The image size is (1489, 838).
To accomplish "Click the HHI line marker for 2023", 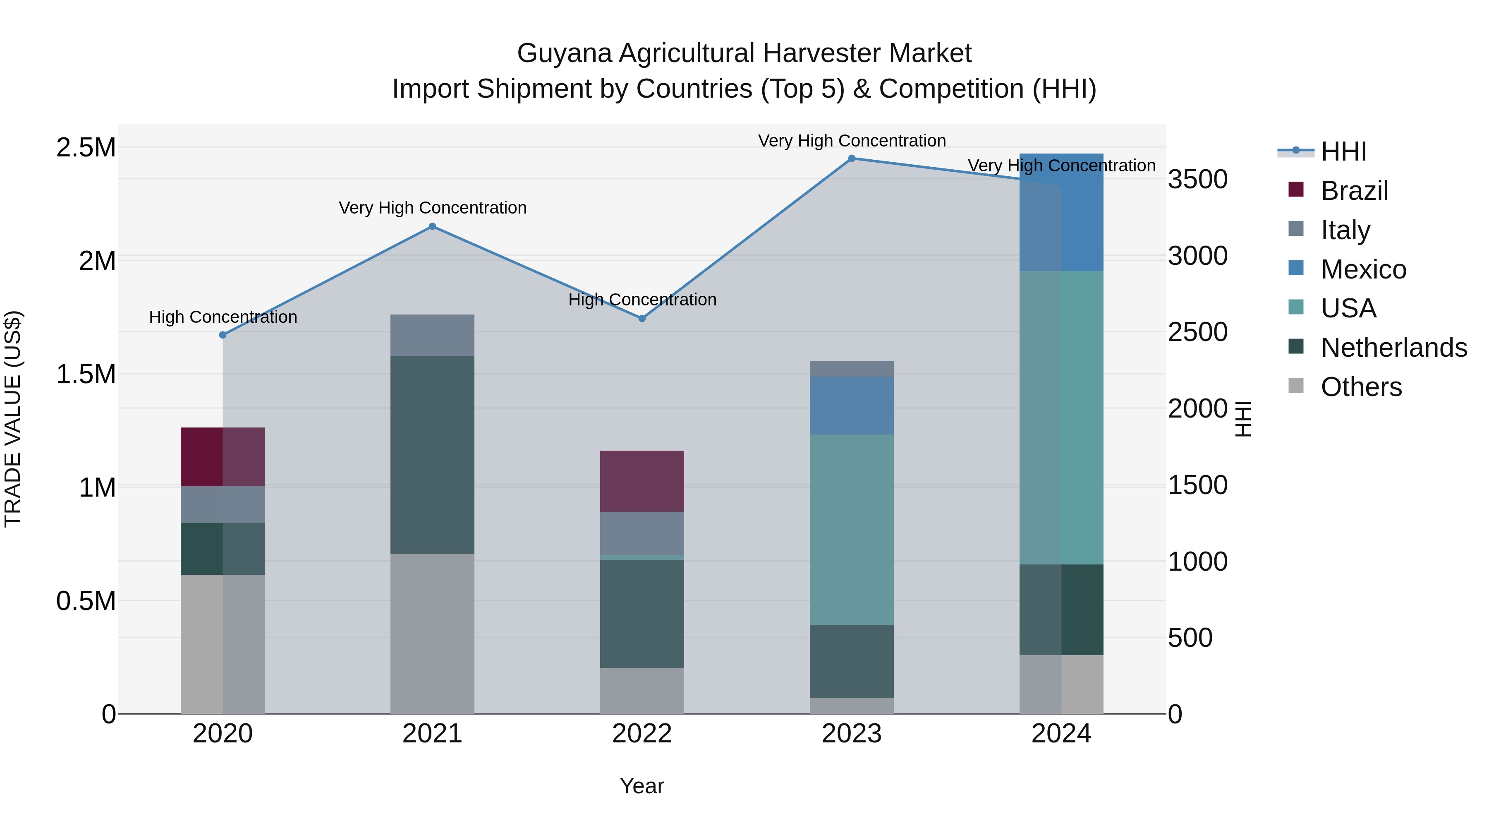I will coord(852,158).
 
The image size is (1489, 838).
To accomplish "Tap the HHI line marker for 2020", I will coord(223,335).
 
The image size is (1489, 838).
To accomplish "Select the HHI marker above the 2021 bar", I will coord(432,227).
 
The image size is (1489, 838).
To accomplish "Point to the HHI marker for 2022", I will coord(642,319).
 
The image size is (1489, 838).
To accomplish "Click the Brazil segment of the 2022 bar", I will coord(642,481).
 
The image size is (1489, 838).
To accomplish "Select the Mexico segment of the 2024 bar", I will coord(1061,212).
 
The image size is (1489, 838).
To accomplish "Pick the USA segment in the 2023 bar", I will coord(852,529).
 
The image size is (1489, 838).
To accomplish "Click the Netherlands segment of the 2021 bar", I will coord(432,454).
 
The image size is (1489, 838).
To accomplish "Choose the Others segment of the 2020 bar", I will coord(223,644).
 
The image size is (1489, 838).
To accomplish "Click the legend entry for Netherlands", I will coord(1393,348).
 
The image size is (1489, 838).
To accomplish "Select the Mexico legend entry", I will coord(1363,269).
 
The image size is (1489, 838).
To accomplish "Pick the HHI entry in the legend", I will coord(1343,151).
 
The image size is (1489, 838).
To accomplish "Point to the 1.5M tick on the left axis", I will coord(86,374).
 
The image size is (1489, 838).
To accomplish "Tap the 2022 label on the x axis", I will coord(642,734).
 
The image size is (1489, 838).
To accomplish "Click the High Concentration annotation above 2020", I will coord(223,317).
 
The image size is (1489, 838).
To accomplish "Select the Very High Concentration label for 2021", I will coord(432,208).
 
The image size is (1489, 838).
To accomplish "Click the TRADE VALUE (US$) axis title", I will coord(13,419).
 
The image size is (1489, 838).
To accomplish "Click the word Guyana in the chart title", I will coord(564,53).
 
